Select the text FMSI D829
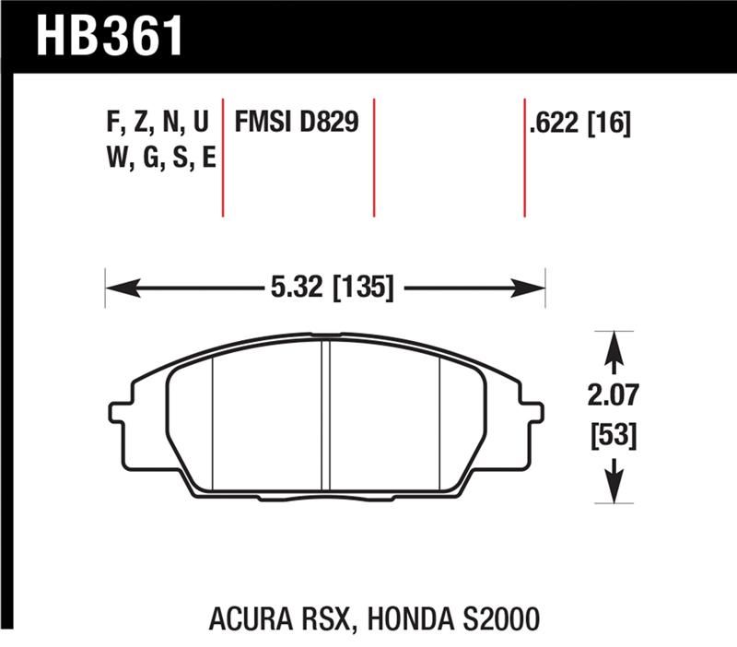click(296, 124)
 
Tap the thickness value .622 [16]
click(579, 124)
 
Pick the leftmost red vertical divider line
click(223, 157)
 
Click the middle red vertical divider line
click(374, 157)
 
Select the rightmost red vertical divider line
click(524, 157)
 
